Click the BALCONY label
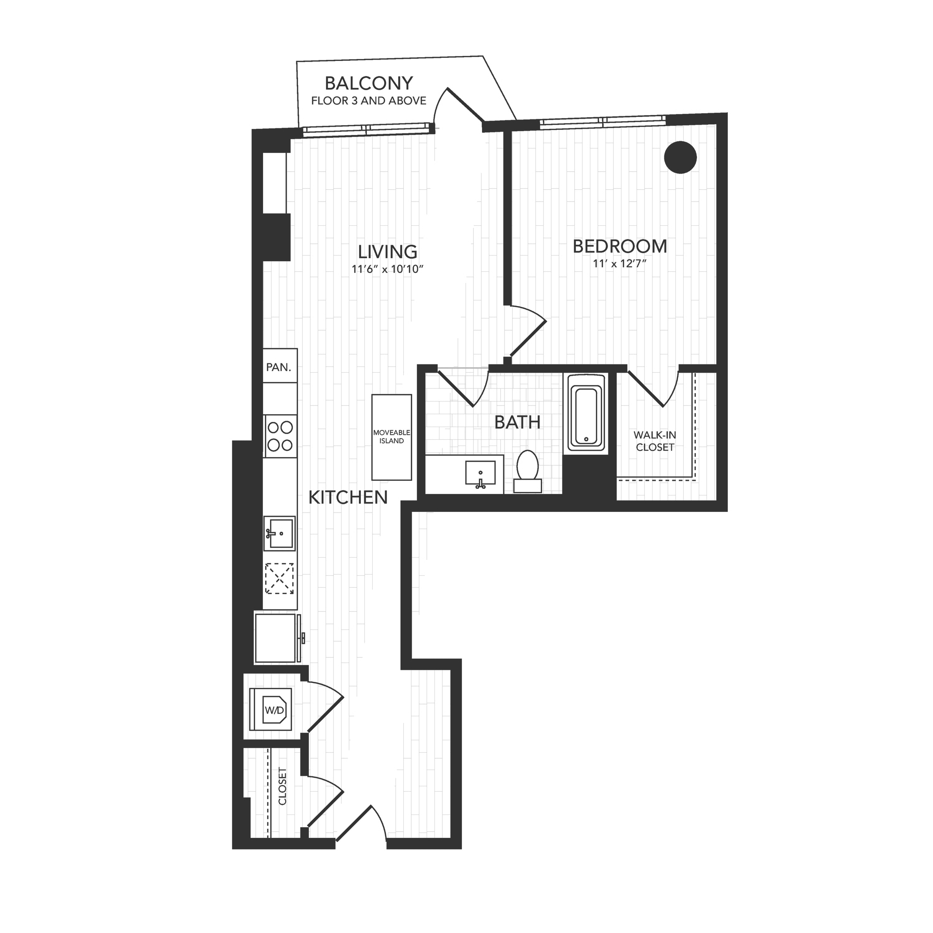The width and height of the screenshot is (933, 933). pyautogui.click(x=369, y=84)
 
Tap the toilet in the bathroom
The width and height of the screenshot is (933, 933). pyautogui.click(x=527, y=471)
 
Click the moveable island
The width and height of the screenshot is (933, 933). pyautogui.click(x=392, y=437)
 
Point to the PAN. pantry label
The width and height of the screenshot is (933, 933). pyautogui.click(x=279, y=367)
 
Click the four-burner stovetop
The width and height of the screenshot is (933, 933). pyautogui.click(x=280, y=436)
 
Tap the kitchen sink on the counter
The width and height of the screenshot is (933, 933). pyautogui.click(x=280, y=533)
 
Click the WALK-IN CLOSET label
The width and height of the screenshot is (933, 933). pyautogui.click(x=655, y=441)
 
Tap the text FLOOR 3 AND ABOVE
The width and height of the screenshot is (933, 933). pyautogui.click(x=369, y=101)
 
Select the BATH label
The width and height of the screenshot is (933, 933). pyautogui.click(x=517, y=423)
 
